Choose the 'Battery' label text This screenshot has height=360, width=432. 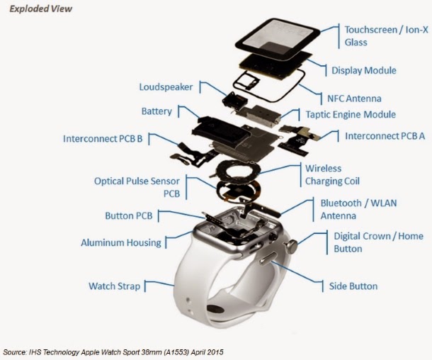tap(157, 112)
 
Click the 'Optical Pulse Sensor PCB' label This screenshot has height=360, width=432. tap(137, 187)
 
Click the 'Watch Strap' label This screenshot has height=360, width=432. tap(114, 286)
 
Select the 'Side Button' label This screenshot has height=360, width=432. tap(353, 286)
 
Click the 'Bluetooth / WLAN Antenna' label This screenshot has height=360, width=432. tap(358, 209)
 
